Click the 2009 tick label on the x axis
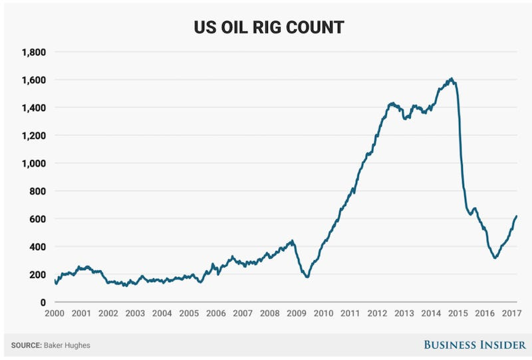point(297,313)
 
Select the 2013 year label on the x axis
point(404,313)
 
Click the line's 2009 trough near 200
point(307,276)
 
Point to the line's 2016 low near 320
point(495,258)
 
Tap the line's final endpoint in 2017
point(517,216)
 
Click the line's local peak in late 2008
point(292,241)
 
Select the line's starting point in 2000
point(55,280)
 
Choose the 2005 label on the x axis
point(189,313)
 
